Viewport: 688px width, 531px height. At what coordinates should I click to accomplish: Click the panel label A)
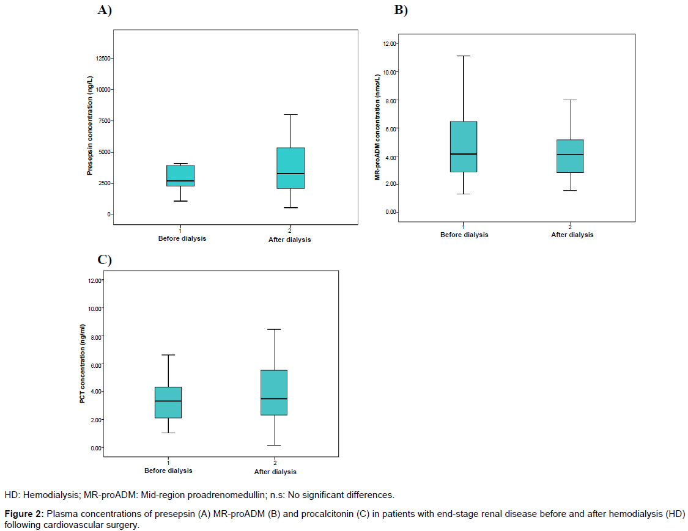(x=105, y=10)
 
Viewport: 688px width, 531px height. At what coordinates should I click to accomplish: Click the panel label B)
(x=401, y=10)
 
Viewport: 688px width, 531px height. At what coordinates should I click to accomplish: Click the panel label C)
(x=105, y=259)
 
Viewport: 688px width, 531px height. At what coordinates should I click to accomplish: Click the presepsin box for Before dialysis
(x=180, y=175)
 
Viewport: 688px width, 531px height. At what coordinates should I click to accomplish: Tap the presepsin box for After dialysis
(x=290, y=168)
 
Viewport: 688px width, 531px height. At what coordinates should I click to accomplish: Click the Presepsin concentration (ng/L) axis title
(x=89, y=126)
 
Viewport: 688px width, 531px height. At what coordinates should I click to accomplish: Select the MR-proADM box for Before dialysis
(x=464, y=147)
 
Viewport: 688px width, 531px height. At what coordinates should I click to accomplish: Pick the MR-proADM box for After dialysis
(x=570, y=156)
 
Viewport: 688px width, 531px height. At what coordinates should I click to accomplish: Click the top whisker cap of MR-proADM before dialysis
(x=464, y=56)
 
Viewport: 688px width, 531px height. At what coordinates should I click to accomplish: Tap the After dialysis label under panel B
(x=572, y=235)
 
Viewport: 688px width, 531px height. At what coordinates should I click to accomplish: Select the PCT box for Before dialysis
(x=168, y=402)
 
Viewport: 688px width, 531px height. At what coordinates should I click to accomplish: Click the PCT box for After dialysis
(x=274, y=392)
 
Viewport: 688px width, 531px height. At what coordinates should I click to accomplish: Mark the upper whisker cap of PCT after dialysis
(x=274, y=329)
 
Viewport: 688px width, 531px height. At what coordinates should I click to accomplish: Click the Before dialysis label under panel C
(x=168, y=471)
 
